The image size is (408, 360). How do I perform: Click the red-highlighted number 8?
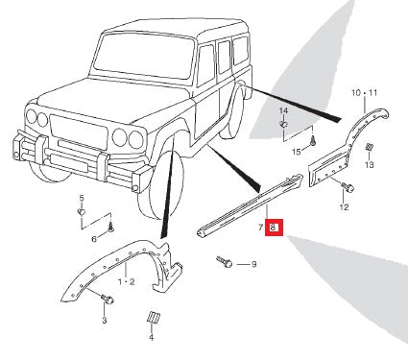pyautogui.click(x=274, y=228)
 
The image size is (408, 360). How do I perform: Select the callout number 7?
pyautogui.click(x=261, y=228)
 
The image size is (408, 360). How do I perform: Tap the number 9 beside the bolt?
pyautogui.click(x=253, y=264)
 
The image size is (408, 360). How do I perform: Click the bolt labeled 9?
pyautogui.click(x=225, y=261)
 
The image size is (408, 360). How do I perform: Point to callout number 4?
pyautogui.click(x=151, y=337)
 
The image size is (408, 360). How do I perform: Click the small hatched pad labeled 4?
pyautogui.click(x=154, y=317)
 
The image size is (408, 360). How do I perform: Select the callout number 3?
pyautogui.click(x=105, y=320)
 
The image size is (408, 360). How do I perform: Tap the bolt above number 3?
pyautogui.click(x=108, y=299)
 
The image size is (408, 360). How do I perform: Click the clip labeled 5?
pyautogui.click(x=82, y=211)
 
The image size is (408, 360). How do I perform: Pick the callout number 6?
pyautogui.click(x=94, y=239)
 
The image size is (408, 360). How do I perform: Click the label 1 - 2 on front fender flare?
pyautogui.click(x=127, y=282)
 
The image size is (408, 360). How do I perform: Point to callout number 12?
pyautogui.click(x=344, y=207)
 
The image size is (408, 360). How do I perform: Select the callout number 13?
pyautogui.click(x=369, y=165)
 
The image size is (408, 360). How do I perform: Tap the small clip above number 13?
pyautogui.click(x=369, y=148)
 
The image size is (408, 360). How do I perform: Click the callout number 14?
pyautogui.click(x=283, y=111)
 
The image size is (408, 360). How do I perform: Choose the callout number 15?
pyautogui.click(x=297, y=152)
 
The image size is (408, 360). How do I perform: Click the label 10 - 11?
pyautogui.click(x=365, y=93)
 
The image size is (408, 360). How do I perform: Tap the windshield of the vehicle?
pyautogui.click(x=144, y=56)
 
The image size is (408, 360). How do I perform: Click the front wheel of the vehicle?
pyautogui.click(x=161, y=185)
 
